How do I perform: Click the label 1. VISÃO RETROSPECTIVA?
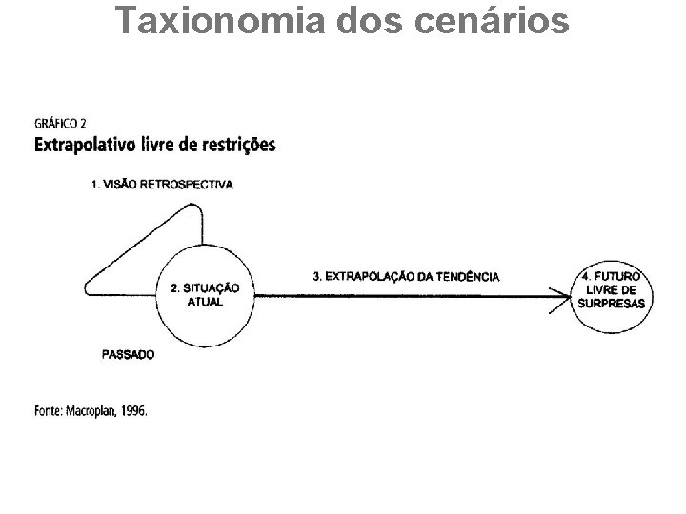[162, 185]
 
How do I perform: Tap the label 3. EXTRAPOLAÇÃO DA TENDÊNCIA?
[405, 276]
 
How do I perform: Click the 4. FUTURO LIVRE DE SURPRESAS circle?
[611, 289]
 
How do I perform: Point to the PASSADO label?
[128, 355]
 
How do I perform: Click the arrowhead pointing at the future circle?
[561, 295]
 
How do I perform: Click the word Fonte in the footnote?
[48, 411]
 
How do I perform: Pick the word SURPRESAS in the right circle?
[611, 304]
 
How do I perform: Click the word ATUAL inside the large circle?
[205, 301]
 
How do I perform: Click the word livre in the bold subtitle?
[150, 146]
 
